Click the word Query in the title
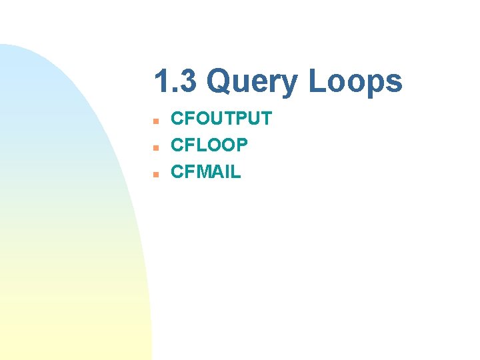pyautogui.click(x=253, y=83)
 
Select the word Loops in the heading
pyautogui.click(x=355, y=83)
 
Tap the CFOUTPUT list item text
pyautogui.click(x=221, y=119)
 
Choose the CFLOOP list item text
pyautogui.click(x=209, y=145)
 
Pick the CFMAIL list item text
pyautogui.click(x=206, y=172)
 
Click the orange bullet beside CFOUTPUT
pyautogui.click(x=154, y=121)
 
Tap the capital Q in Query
pyautogui.click(x=220, y=83)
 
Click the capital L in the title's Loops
pyautogui.click(x=316, y=83)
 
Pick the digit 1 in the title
pyautogui.click(x=161, y=83)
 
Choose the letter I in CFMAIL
pyautogui.click(x=227, y=172)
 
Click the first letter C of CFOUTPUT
pyautogui.click(x=178, y=119)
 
